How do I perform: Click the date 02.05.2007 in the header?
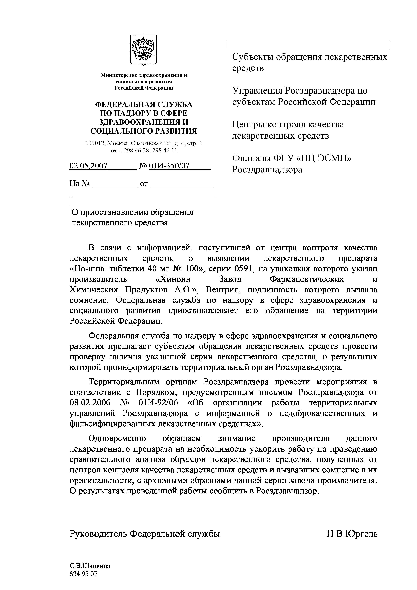[88, 166]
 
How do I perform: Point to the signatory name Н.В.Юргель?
[352, 534]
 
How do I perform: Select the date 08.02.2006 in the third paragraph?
[90, 403]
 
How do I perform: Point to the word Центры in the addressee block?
[248, 125]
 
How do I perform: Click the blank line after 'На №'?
[115, 184]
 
